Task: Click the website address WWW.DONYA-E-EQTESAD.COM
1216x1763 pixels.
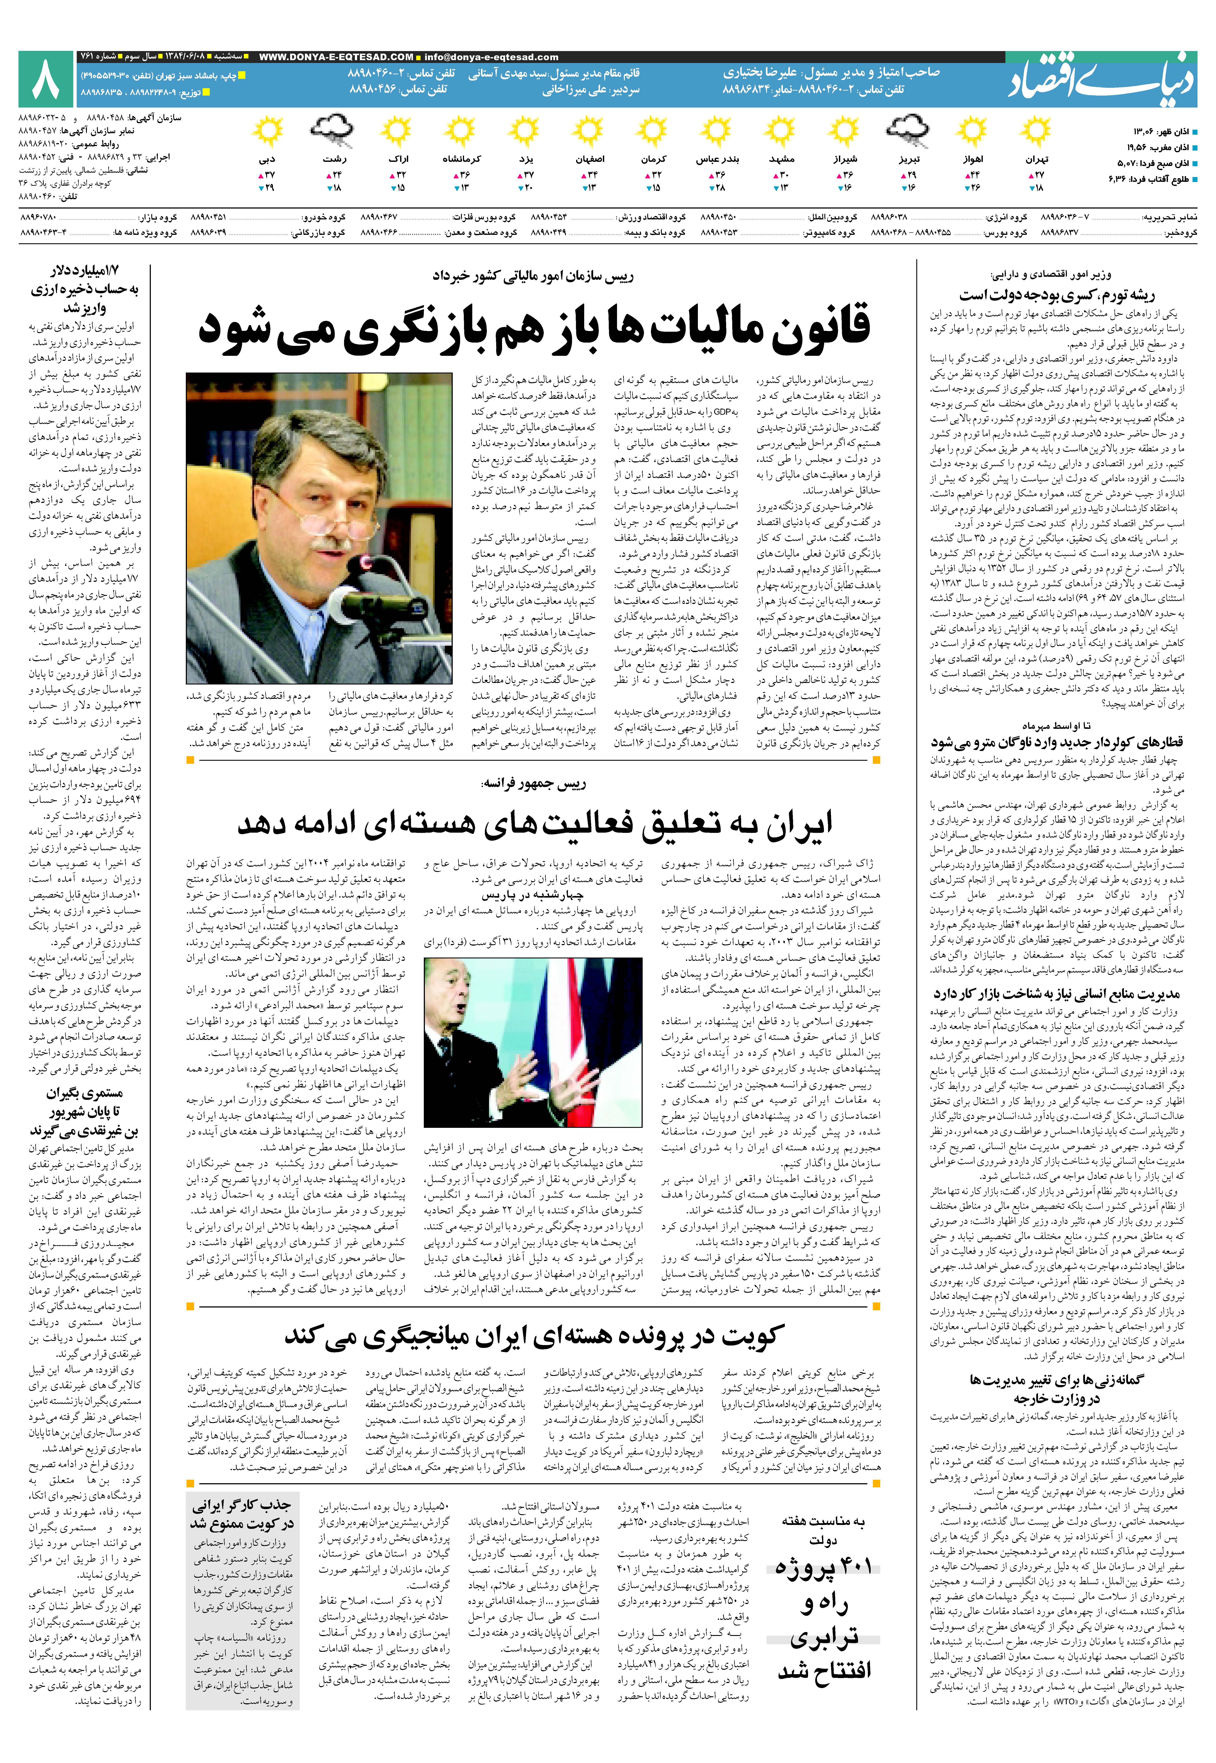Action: coord(336,57)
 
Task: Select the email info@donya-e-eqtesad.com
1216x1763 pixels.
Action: coord(491,57)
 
